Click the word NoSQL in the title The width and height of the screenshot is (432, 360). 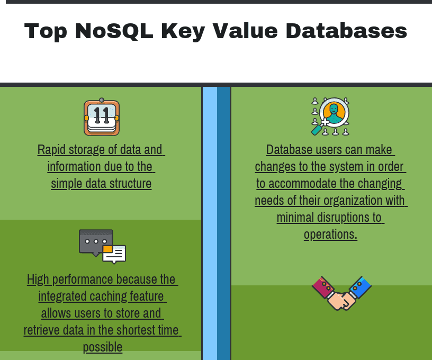(x=113, y=31)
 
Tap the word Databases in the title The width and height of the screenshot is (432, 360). (x=346, y=31)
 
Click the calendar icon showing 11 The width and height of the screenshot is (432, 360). (x=102, y=117)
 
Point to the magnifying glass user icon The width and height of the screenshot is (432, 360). (x=330, y=116)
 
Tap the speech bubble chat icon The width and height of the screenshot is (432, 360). (x=102, y=246)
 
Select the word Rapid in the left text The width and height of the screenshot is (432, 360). (x=49, y=150)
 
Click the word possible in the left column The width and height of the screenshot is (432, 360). (x=102, y=347)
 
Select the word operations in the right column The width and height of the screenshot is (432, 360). (x=330, y=235)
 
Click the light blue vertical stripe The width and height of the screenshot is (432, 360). (x=210, y=222)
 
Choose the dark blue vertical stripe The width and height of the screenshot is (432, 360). (x=223, y=222)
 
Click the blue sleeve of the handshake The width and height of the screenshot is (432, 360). (x=361, y=287)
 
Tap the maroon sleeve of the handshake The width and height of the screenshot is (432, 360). (x=322, y=287)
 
